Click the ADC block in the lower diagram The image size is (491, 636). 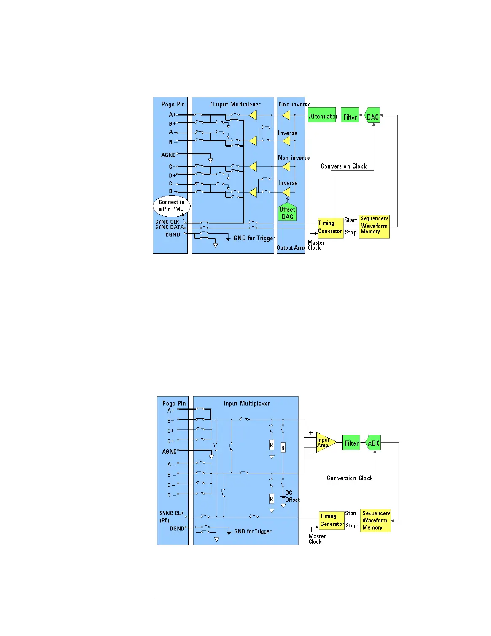pyautogui.click(x=373, y=443)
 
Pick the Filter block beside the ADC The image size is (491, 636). pyautogui.click(x=351, y=443)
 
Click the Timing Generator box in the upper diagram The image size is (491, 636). pyautogui.click(x=330, y=227)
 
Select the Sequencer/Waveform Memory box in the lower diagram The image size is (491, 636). pyautogui.click(x=375, y=520)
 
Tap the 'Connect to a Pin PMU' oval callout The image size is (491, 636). pyautogui.click(x=172, y=206)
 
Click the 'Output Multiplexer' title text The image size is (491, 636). pyautogui.click(x=235, y=104)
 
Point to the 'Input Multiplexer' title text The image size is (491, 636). pyautogui.click(x=247, y=403)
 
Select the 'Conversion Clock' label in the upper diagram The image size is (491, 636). pyautogui.click(x=343, y=166)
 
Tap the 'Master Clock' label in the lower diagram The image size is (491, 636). pyautogui.click(x=316, y=539)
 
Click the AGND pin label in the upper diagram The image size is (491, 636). pyautogui.click(x=168, y=155)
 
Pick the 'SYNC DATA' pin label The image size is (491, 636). pyautogui.click(x=170, y=227)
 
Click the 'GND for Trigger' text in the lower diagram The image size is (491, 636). pyautogui.click(x=253, y=531)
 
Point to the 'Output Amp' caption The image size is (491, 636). pyautogui.click(x=291, y=248)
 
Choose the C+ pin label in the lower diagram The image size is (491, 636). pyautogui.click(x=170, y=431)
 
